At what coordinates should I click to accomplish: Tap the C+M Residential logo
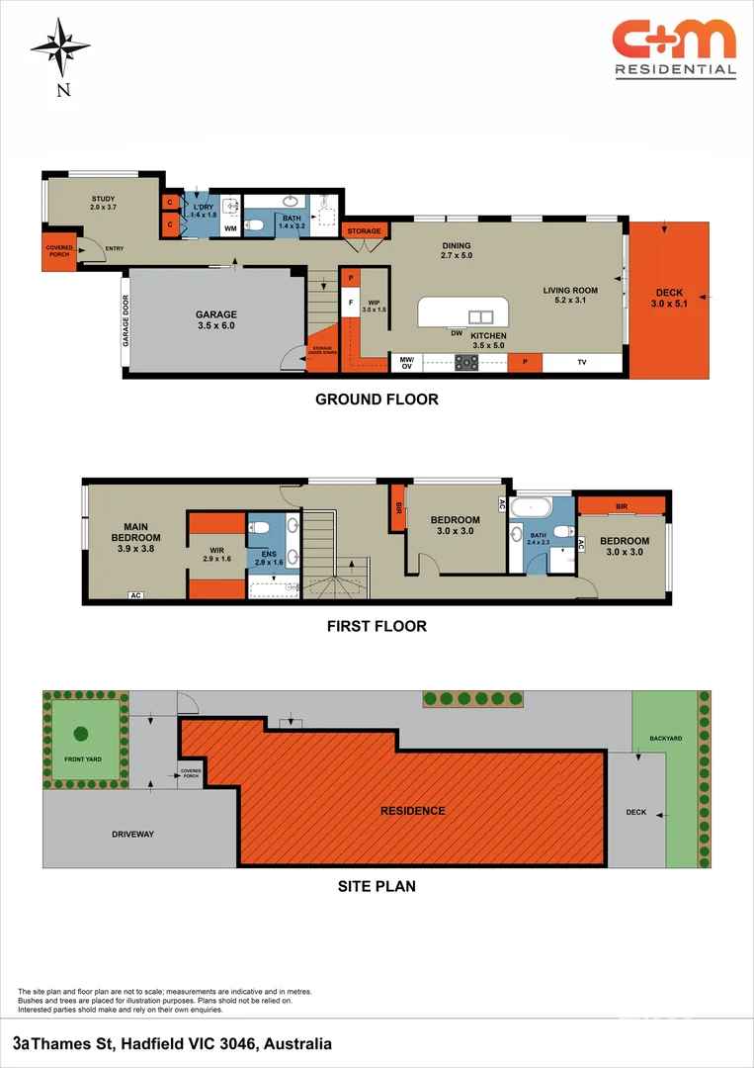point(674,47)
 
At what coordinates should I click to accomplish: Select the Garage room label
point(215,320)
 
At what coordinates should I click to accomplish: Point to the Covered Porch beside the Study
point(59,254)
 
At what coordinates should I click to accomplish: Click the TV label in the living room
point(582,363)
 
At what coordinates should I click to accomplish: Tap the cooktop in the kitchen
point(466,363)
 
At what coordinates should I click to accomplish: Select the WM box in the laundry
point(230,228)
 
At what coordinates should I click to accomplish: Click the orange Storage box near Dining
point(363,230)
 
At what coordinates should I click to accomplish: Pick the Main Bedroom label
point(135,532)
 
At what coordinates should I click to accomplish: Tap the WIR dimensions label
point(218,559)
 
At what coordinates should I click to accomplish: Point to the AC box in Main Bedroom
point(135,594)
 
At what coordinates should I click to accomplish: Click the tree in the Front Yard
point(80,735)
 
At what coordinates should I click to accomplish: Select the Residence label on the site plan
point(413,811)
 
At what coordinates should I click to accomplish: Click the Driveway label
point(132,834)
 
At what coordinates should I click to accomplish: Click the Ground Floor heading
point(376,400)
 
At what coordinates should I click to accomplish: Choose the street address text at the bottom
point(173,1043)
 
